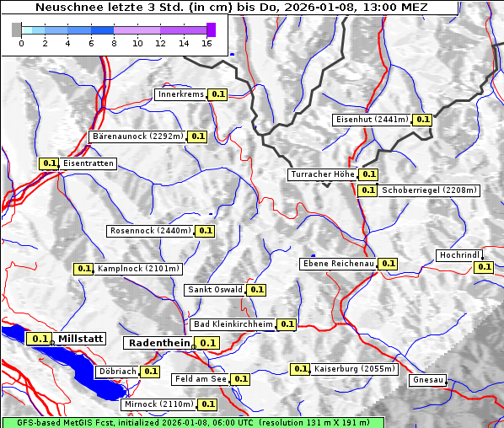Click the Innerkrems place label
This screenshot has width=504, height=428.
point(180,94)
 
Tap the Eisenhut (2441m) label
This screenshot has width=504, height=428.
point(372,120)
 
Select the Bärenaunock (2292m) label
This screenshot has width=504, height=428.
point(137,136)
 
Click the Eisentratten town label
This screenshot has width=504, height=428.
point(88,163)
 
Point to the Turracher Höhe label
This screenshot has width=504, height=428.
point(322,174)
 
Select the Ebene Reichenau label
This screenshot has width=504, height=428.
point(338,264)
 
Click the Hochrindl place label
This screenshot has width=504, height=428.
point(459,255)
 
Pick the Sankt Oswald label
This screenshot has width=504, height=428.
point(214,290)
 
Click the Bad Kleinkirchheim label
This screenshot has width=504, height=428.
point(233,324)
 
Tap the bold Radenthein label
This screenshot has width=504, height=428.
point(158,343)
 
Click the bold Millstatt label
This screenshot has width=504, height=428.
point(81,339)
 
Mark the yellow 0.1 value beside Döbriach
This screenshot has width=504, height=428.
point(150,371)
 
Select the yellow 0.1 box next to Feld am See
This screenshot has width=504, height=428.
point(240,379)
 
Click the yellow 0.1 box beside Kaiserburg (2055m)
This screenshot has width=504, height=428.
point(300,369)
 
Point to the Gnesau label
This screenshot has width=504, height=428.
point(427,380)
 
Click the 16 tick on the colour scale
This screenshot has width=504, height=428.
point(207,43)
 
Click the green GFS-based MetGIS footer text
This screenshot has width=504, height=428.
point(192,422)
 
